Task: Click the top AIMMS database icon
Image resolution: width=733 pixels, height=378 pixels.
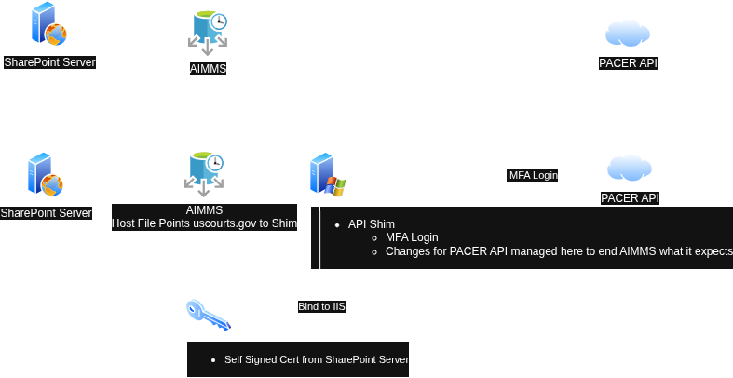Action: click(x=208, y=32)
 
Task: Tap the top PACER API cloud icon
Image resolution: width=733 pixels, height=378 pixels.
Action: click(x=628, y=33)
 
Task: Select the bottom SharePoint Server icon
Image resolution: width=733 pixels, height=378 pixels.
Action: click(x=45, y=174)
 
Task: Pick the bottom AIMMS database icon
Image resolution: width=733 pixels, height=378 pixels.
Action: click(x=205, y=173)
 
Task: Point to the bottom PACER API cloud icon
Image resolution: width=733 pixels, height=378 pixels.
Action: click(x=630, y=169)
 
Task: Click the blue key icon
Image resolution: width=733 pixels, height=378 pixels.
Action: click(x=207, y=314)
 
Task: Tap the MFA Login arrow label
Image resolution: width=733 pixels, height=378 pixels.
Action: click(x=533, y=175)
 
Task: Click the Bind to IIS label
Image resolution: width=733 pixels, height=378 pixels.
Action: click(x=321, y=306)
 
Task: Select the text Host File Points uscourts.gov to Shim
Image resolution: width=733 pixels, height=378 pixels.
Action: click(x=204, y=223)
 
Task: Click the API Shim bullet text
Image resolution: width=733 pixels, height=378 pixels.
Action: click(x=372, y=224)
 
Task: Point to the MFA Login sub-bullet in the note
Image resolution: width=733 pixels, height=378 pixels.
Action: click(x=412, y=237)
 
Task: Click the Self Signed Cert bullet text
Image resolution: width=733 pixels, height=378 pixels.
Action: click(x=316, y=359)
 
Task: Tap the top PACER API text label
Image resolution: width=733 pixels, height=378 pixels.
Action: click(x=628, y=63)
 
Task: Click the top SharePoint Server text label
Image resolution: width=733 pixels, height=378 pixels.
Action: click(x=49, y=62)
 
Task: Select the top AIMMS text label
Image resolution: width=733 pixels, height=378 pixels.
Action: click(x=208, y=68)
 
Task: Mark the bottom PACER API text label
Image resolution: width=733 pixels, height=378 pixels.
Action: click(x=630, y=198)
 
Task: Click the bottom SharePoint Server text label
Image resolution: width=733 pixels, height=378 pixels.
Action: click(x=46, y=213)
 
